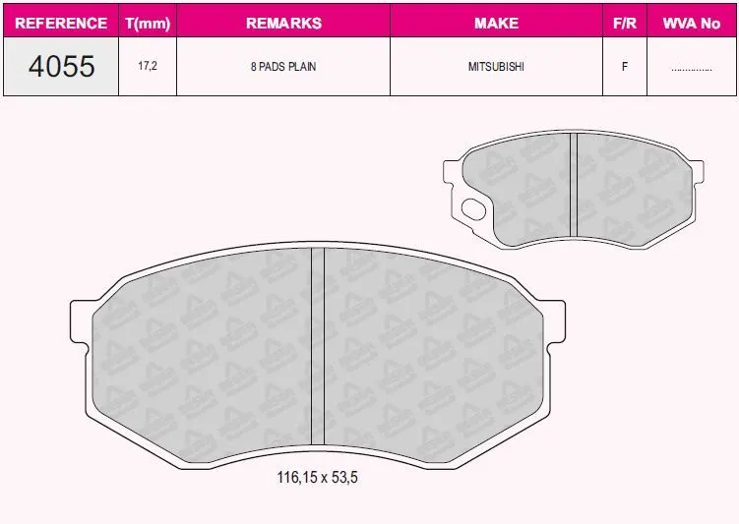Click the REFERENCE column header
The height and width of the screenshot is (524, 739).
[x=61, y=23]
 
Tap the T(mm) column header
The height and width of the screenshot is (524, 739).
[x=148, y=23]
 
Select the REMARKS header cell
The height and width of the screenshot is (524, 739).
[x=283, y=23]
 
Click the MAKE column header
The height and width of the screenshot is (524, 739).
[x=496, y=23]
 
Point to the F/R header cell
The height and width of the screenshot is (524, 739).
[x=625, y=23]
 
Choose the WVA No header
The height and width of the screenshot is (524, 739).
[x=692, y=23]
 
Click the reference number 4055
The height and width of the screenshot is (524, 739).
[x=61, y=67]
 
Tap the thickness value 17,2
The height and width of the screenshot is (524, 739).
[x=148, y=66]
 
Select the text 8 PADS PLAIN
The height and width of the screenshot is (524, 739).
[x=283, y=67]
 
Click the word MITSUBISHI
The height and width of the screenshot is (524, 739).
[x=496, y=67]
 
